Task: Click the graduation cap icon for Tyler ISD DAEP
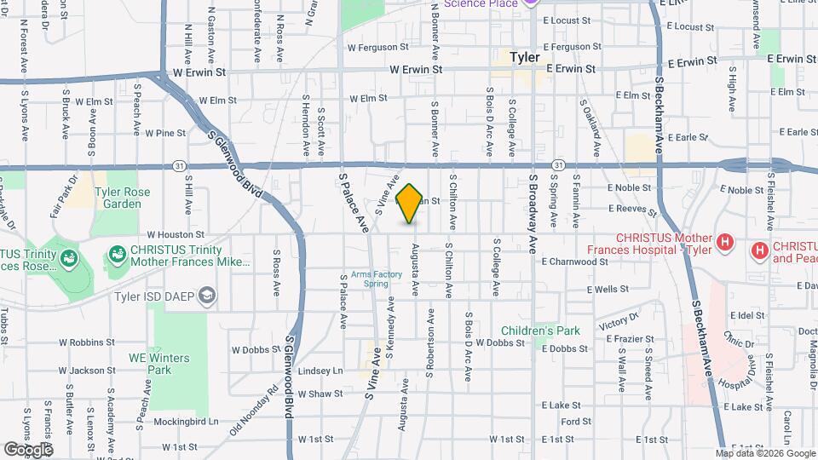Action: (205, 296)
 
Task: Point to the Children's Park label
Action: (540, 331)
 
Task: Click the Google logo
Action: (27, 449)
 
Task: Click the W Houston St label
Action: (176, 233)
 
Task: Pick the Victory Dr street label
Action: (618, 322)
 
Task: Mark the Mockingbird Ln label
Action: (187, 421)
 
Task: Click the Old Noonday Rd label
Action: (253, 412)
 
